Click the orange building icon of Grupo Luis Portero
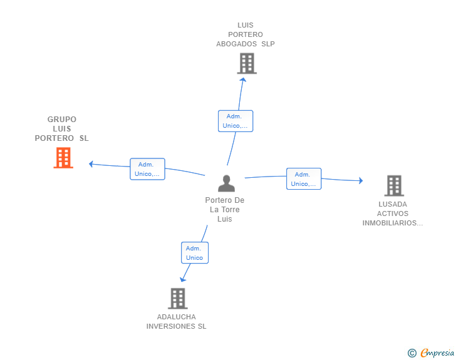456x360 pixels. pyautogui.click(x=63, y=158)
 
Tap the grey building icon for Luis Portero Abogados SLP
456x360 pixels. pyautogui.click(x=247, y=63)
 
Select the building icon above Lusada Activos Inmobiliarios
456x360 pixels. pyautogui.click(x=394, y=185)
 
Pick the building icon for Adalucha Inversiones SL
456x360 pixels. pyautogui.click(x=178, y=299)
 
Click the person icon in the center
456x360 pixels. pyautogui.click(x=226, y=183)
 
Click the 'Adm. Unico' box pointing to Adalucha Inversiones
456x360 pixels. pyautogui.click(x=195, y=253)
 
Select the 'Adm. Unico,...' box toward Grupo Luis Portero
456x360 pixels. pyautogui.click(x=147, y=169)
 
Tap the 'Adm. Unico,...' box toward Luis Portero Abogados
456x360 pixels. pyautogui.click(x=236, y=121)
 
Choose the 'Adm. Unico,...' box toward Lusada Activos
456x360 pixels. pyautogui.click(x=304, y=179)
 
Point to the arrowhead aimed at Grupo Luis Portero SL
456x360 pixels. pyautogui.click(x=91, y=164)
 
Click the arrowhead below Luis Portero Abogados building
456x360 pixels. pyautogui.click(x=243, y=80)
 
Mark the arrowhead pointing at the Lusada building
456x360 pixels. pyautogui.click(x=361, y=180)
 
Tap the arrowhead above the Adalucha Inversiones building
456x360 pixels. pyautogui.click(x=183, y=279)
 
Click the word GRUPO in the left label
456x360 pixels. pyautogui.click(x=61, y=119)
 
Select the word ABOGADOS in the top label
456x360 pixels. pyautogui.click(x=236, y=44)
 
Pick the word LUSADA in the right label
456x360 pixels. pyautogui.click(x=393, y=204)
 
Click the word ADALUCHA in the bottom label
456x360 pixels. pyautogui.click(x=176, y=317)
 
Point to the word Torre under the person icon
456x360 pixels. pyautogui.click(x=231, y=209)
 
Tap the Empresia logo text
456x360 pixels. pyautogui.click(x=437, y=352)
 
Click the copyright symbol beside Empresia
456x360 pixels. pyautogui.click(x=412, y=353)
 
